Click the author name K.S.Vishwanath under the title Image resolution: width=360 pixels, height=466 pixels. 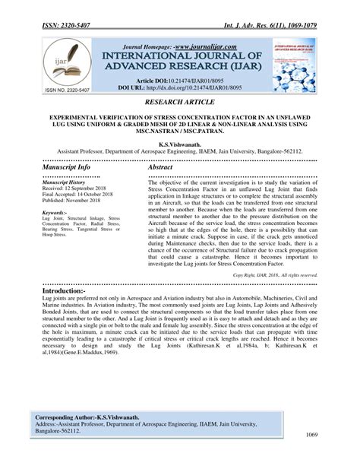click(179, 144)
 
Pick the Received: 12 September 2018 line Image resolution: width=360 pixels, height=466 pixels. click(75, 190)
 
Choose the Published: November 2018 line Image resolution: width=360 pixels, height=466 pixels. click(74, 203)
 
